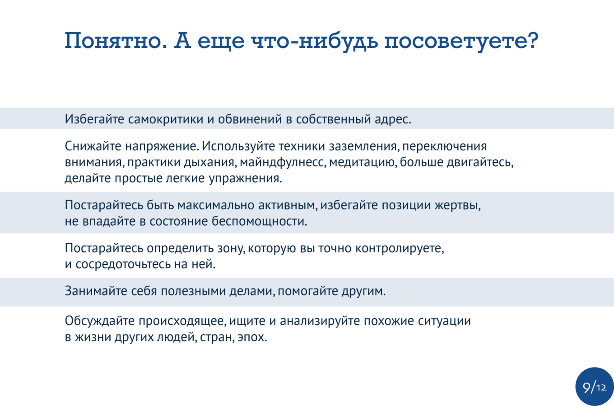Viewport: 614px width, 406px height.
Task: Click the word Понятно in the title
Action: point(116,41)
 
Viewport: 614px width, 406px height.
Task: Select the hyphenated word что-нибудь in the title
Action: point(314,41)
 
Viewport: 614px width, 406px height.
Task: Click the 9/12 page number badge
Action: point(595,387)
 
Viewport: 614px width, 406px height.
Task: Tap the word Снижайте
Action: point(93,146)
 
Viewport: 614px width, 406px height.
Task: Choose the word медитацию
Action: point(363,162)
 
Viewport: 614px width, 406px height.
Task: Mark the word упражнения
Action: point(245,179)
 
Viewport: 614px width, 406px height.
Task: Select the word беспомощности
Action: point(259,221)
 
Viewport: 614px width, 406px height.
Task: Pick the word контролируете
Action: point(400,248)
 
